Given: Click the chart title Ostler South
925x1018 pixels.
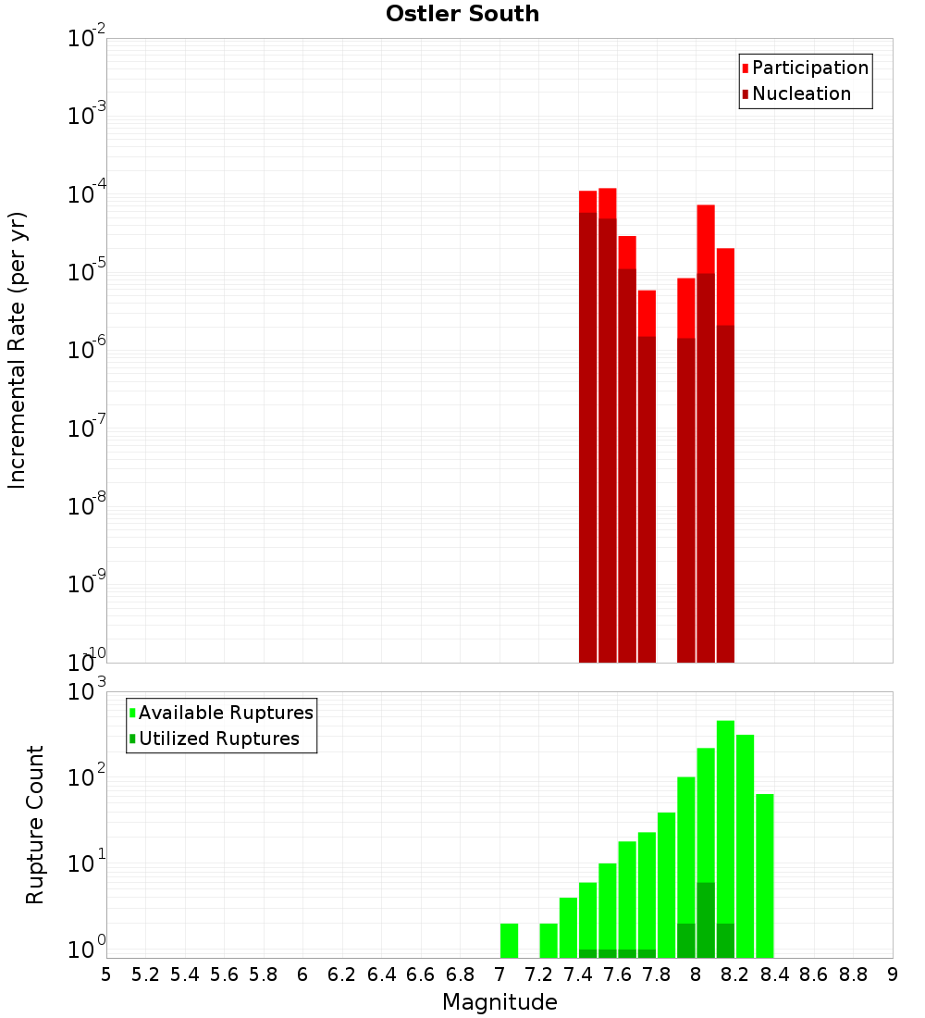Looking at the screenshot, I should [462, 14].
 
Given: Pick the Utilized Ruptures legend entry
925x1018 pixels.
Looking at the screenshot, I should [218, 739].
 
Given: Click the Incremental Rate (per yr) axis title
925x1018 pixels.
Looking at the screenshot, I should [18, 350].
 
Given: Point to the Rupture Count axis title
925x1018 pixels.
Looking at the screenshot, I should [35, 824].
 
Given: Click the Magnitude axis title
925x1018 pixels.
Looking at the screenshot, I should [499, 1001].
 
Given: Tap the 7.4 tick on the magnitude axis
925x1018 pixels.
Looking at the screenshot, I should [578, 975].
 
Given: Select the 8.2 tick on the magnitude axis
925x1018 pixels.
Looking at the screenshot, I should [735, 975].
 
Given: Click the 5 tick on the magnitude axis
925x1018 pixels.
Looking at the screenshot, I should [106, 975].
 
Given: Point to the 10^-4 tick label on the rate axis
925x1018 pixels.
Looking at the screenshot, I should [87, 193].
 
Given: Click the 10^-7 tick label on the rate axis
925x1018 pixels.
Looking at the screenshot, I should [87, 428].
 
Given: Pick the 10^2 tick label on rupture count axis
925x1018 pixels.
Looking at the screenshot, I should [87, 777].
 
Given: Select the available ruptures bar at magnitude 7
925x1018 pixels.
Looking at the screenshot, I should [509, 940].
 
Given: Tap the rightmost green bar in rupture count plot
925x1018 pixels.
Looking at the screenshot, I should [765, 875].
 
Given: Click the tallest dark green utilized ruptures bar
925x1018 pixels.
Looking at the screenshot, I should [706, 920].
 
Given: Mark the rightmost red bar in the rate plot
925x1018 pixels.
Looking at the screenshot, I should [725, 286].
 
